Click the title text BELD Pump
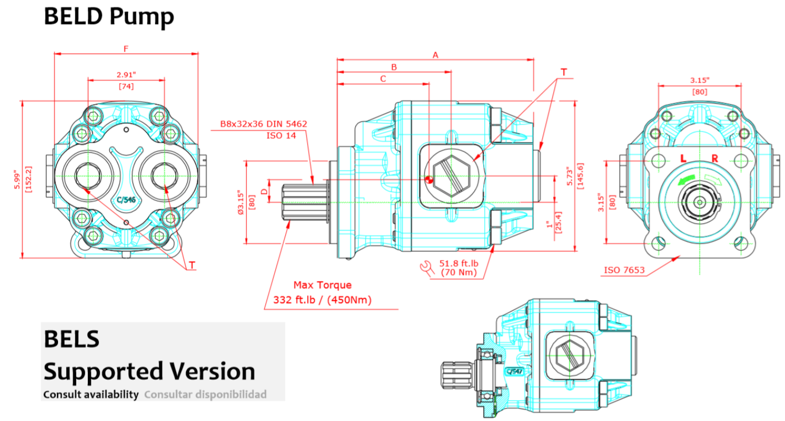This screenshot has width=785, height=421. pos(109,16)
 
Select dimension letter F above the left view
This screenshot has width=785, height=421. pos(126,49)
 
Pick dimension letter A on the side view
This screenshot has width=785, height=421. pos(435,54)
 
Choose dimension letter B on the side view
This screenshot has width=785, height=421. pos(394,67)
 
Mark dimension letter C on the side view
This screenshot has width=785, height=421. pos(383,79)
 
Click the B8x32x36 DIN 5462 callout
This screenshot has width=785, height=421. pos(263,124)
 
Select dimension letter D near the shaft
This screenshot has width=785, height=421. pos(264,192)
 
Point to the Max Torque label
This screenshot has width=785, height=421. pos(322,285)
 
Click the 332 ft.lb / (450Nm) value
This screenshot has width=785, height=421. pos(322,300)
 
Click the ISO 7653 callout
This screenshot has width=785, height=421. pos(624,271)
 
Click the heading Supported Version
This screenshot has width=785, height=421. pos(149,371)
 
